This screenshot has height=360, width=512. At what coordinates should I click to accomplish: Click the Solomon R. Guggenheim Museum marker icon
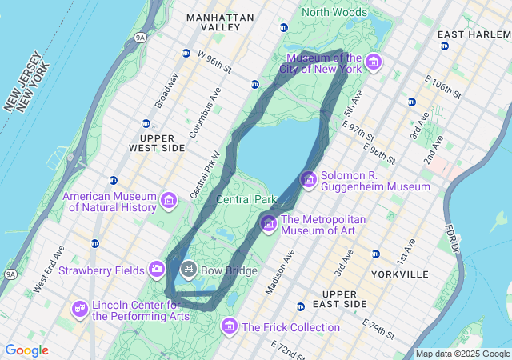pos(308,180)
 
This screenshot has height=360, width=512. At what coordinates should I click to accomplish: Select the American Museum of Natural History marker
pos(169,200)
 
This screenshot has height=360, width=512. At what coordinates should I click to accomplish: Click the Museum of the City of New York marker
pos(373,62)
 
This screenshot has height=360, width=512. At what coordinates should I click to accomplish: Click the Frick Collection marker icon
pos(230,326)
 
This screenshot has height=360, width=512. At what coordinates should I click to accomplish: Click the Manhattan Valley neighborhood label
pos(219,22)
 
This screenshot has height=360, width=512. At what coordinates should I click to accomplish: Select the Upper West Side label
pos(157,143)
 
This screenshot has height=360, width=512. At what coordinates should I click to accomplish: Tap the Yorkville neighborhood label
pos(400,274)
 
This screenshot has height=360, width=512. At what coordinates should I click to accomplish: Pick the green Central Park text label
pos(246,199)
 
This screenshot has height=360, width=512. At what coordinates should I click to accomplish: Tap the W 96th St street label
pos(214,61)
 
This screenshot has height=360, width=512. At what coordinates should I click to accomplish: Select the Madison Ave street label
pos(279,272)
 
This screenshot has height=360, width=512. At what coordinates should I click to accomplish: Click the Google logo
pos(26,350)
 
